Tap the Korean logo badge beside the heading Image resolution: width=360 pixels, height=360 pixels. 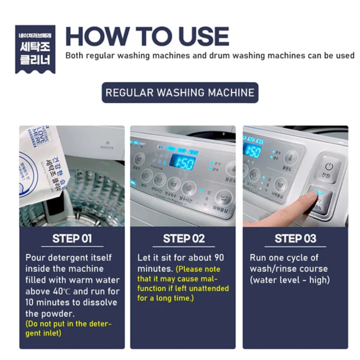pos(35,49)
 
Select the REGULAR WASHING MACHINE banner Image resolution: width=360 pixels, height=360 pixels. pos(180,92)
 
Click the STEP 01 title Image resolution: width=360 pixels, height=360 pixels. pos(72,239)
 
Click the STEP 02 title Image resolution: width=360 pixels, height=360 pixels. pos(184,239)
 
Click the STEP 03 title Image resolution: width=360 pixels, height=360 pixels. pos(295,239)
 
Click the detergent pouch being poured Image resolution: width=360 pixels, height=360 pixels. pos(43,167)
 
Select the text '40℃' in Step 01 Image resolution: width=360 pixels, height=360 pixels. pos(61,291)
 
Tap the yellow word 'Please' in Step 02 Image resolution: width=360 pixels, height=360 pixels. pos(188,269)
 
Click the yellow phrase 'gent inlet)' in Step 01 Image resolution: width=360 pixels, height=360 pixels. pos(43,333)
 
